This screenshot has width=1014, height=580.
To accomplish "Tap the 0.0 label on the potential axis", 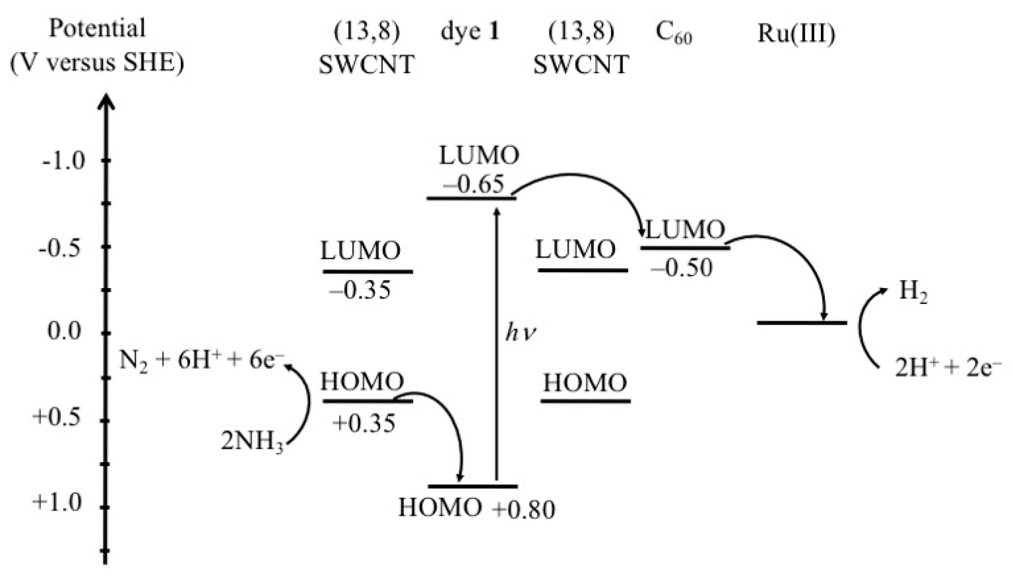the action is pos(64,331).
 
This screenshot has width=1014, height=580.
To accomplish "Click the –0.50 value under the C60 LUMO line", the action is pos(681,267).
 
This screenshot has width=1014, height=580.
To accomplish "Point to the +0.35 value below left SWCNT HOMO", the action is pos(364,423).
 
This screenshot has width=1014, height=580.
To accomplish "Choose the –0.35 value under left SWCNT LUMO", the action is pos(360,290).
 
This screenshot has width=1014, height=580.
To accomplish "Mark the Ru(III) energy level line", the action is pos(802,322).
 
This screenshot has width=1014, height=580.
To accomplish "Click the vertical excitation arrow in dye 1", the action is pos(496,343).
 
